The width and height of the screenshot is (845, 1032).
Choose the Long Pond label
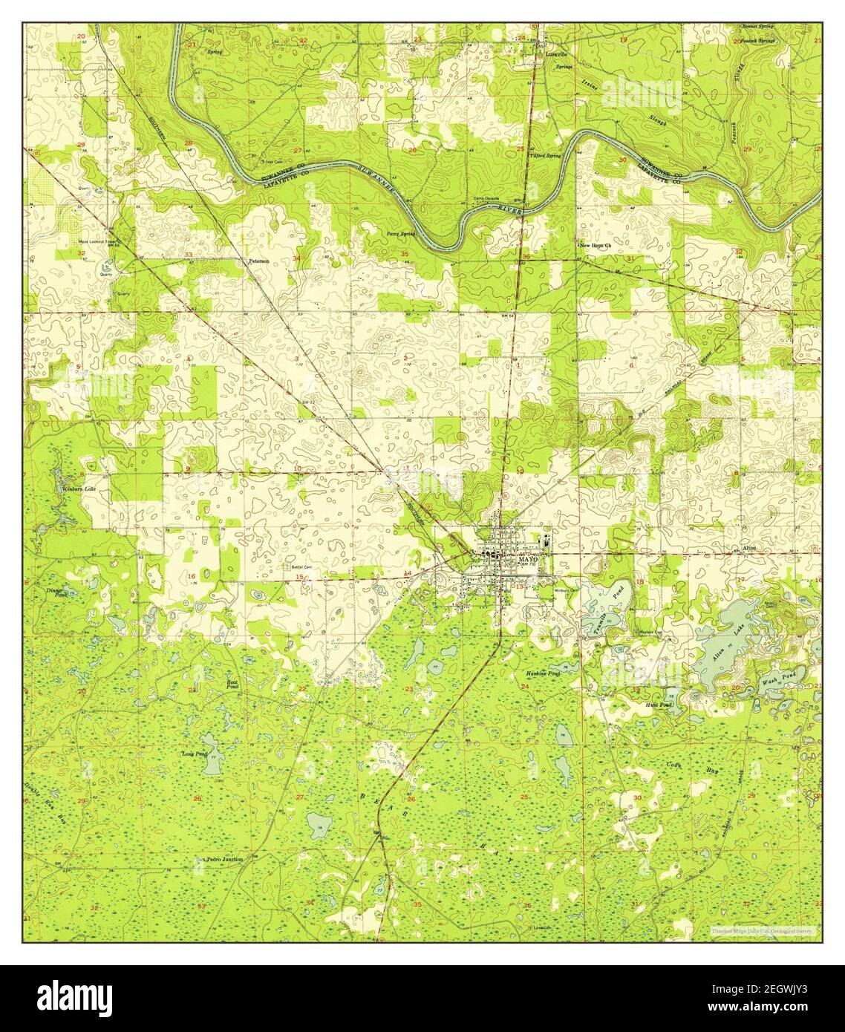tap(194, 754)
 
